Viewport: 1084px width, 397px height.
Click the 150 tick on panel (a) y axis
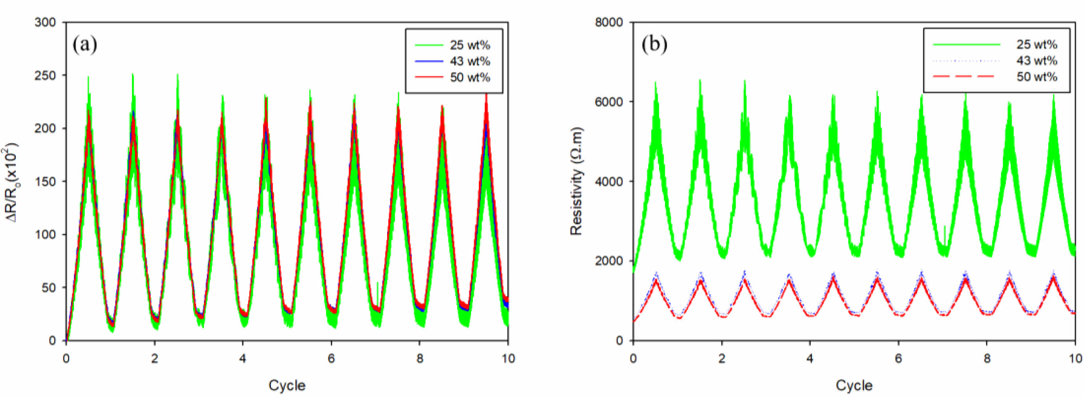(x=45, y=182)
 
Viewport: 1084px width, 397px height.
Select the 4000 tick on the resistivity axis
(x=608, y=182)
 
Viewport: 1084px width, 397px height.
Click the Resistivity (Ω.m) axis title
(x=576, y=181)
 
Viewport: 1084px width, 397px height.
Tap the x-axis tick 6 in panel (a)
(x=332, y=358)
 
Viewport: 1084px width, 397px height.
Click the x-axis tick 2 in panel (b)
(x=722, y=358)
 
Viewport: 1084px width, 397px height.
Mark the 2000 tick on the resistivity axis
(x=608, y=261)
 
